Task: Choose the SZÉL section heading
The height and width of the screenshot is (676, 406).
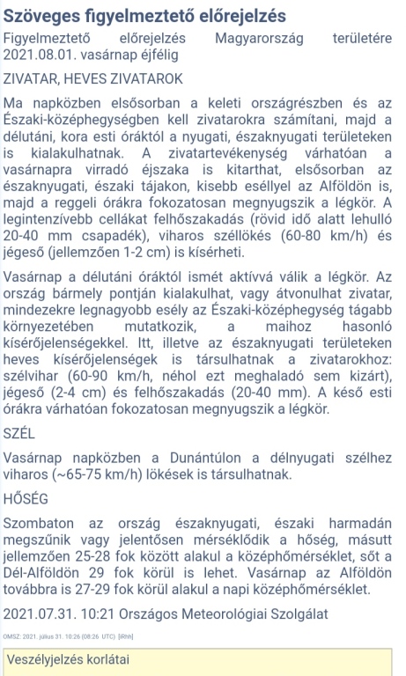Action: coord(19,433)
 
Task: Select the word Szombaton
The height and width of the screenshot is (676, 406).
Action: coord(39,522)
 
